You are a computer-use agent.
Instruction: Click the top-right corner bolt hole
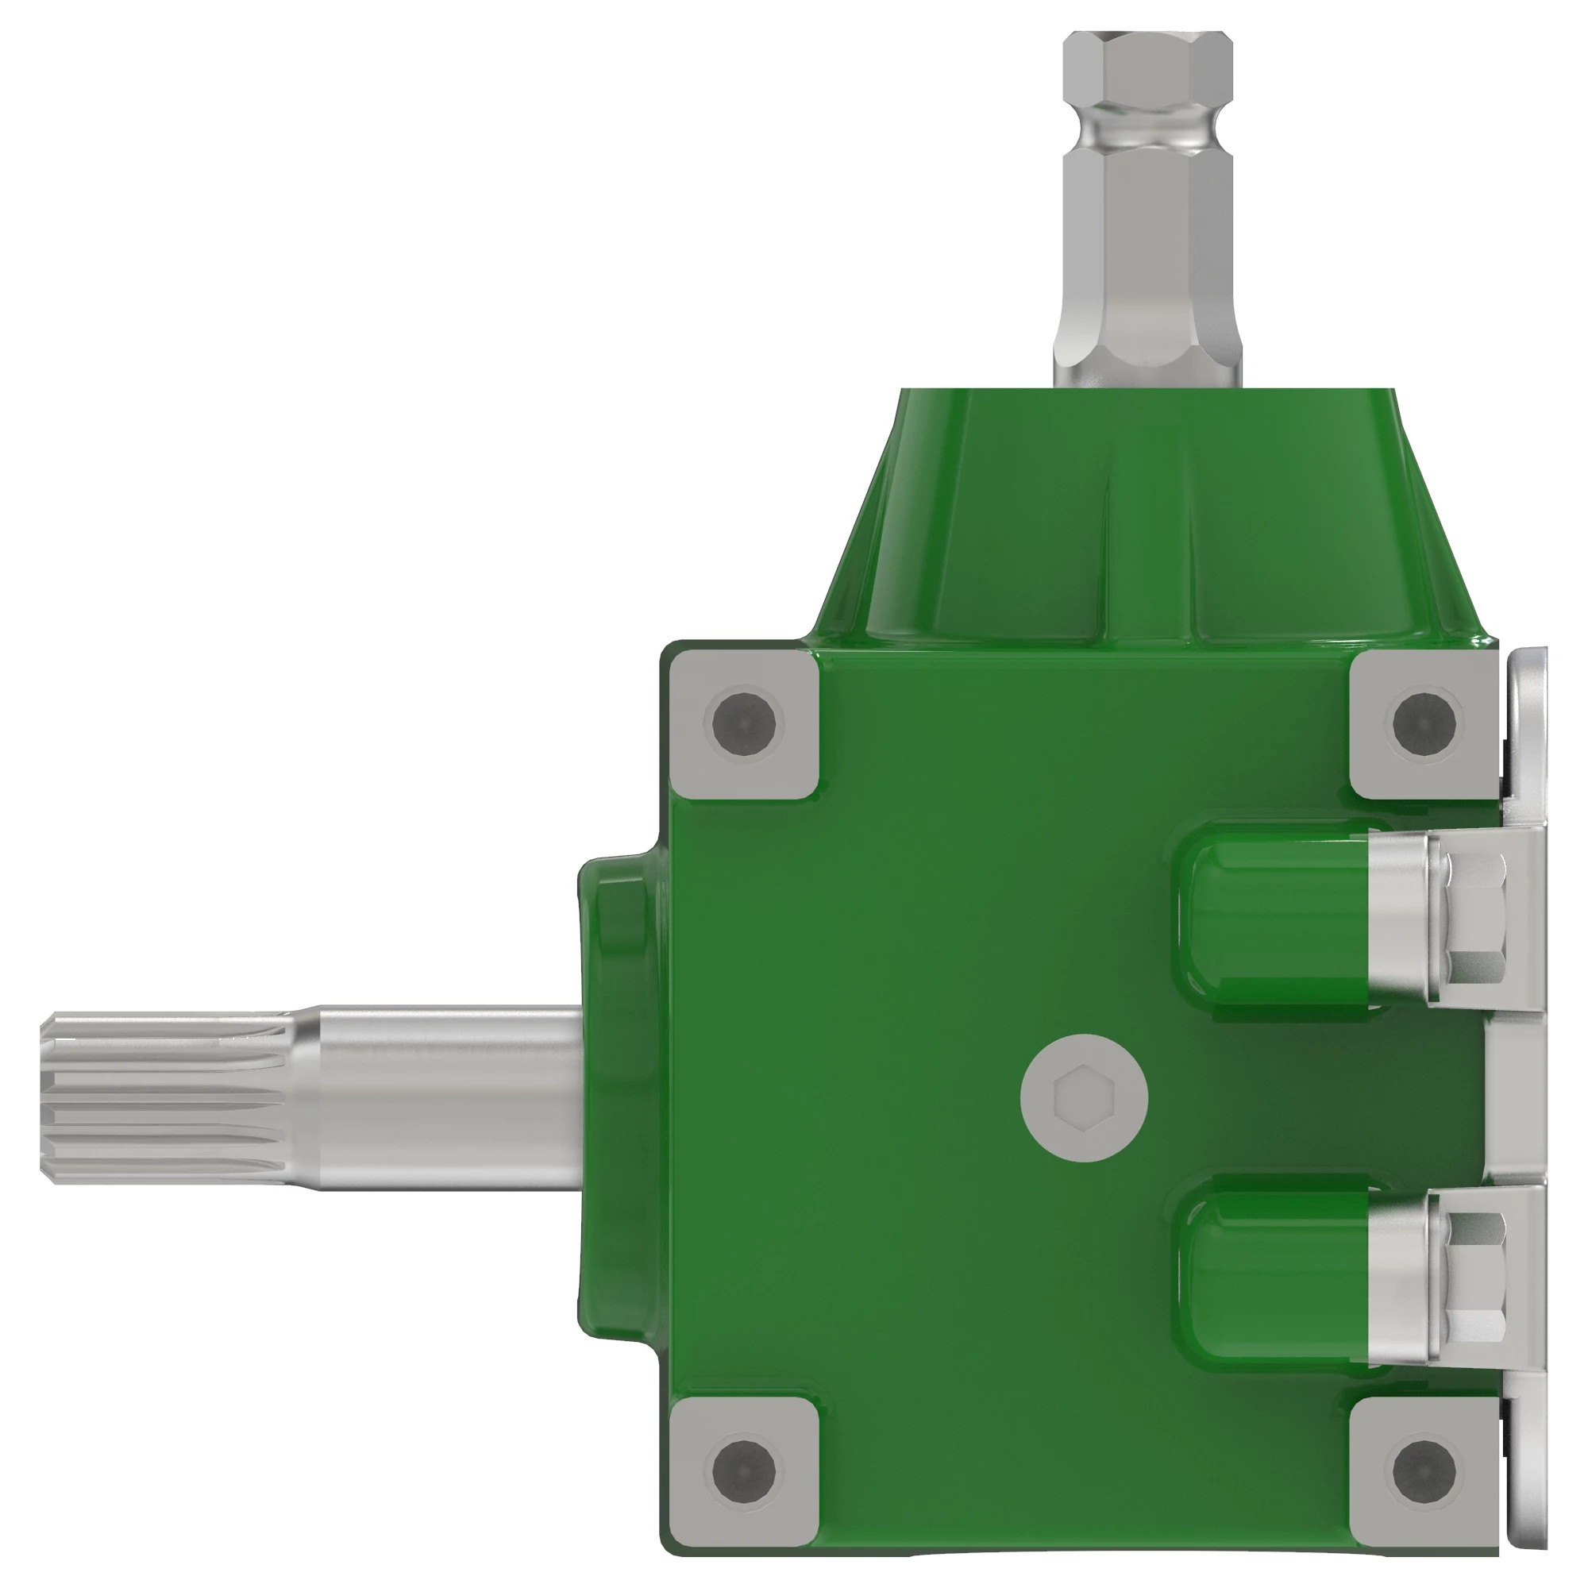(1424, 723)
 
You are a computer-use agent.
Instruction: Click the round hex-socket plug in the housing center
(1084, 1098)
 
